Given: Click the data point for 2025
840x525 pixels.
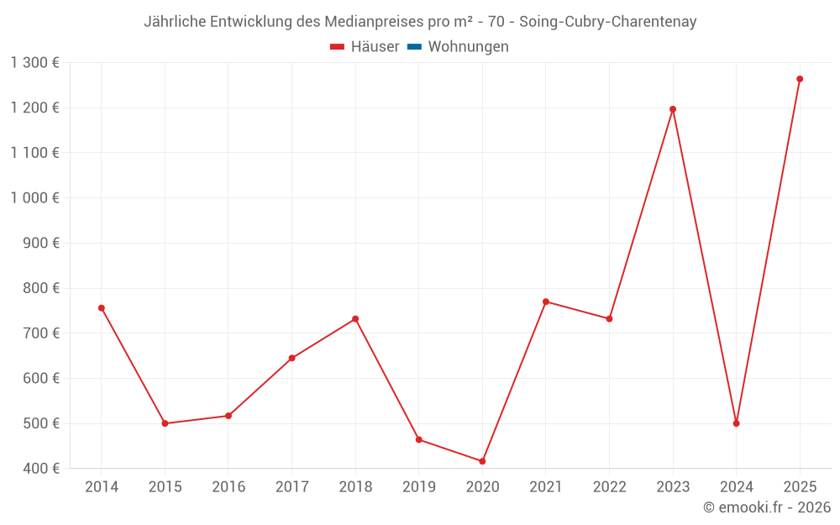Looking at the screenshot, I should coord(800,79).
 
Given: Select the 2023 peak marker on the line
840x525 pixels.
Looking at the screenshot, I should coord(673,109).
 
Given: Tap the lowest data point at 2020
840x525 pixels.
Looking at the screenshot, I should coord(482,461).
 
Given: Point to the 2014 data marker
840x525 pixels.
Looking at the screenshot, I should coord(102,308).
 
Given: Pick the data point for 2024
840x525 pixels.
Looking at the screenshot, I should coord(736,423).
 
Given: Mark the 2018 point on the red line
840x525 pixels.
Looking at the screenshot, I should coord(355,319).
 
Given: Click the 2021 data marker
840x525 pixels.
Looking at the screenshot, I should coord(546,302).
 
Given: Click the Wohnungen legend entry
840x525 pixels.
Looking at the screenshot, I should coord(468,47).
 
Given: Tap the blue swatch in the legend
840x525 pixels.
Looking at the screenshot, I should coord(414,47).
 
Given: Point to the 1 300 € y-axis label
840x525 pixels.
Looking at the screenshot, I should coord(35,63).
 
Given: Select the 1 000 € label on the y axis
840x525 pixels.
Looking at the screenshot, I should coord(35,198).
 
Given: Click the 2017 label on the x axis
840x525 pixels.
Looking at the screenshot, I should coord(291,487).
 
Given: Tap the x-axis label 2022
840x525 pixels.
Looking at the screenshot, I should coord(609,487).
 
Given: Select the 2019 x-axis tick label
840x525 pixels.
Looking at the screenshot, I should coord(419,487).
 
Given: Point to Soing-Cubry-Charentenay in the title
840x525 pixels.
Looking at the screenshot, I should coord(608,22).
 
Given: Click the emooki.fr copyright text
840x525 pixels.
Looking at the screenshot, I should coord(767,507).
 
